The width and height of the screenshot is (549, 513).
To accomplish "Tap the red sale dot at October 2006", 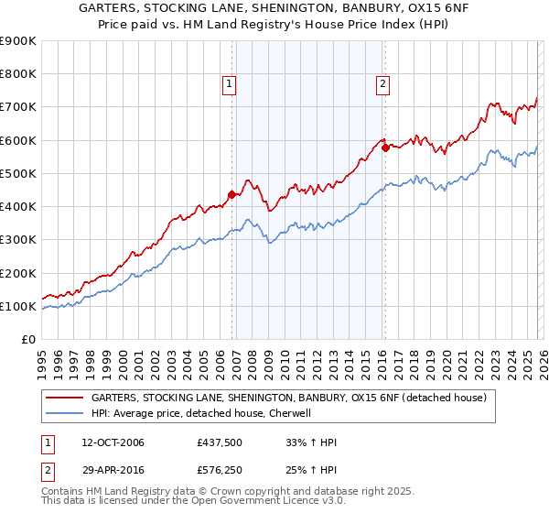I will point(231,193).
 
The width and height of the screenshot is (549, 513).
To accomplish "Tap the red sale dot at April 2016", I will point(386,147).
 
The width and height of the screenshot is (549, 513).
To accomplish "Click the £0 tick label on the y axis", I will point(27,339).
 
